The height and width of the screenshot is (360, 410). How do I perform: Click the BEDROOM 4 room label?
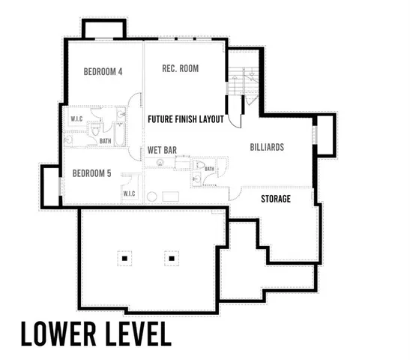(103, 72)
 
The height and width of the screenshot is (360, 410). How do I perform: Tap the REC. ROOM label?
(180, 69)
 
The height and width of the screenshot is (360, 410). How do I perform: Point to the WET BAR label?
(162, 150)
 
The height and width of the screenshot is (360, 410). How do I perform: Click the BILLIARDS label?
(267, 148)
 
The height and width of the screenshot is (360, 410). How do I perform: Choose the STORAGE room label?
(275, 199)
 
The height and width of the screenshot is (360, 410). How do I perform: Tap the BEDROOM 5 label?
(91, 173)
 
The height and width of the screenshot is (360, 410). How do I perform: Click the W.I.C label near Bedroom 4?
(76, 118)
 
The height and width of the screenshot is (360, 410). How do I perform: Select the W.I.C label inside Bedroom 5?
(129, 195)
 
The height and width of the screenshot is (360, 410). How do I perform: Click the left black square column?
(125, 259)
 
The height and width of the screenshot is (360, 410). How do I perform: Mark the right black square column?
(172, 259)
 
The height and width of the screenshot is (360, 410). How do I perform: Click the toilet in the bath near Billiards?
(199, 166)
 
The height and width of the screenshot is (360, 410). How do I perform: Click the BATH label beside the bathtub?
(105, 139)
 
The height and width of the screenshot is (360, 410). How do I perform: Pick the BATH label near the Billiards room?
(209, 169)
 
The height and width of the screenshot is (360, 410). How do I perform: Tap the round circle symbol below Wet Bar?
(151, 196)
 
